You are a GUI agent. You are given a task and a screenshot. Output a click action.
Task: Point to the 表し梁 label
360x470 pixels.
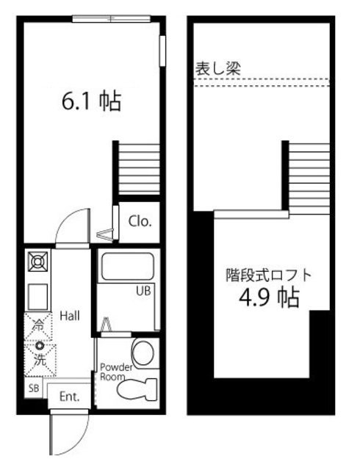click(217, 68)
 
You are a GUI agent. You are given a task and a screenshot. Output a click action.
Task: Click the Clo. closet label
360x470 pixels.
click(140, 221)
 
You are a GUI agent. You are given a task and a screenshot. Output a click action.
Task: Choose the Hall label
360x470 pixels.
click(70, 316)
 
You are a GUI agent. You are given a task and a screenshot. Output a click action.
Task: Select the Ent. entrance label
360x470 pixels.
click(69, 397)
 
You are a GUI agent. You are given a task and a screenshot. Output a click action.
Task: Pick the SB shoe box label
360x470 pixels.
click(34, 388)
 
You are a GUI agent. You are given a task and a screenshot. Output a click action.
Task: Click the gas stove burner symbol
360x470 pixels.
click(37, 261)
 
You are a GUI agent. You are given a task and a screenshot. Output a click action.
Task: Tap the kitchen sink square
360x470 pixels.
click(37, 297)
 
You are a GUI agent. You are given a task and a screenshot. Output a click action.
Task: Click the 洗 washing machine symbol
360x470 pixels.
click(37, 360)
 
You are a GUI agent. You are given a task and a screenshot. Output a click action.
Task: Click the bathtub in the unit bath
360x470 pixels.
click(127, 267)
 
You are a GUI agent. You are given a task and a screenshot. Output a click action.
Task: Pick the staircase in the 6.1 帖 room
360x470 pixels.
click(137, 168)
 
